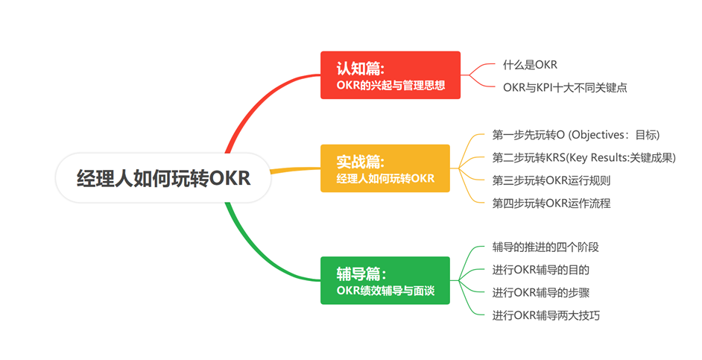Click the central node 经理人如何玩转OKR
pyautogui.click(x=163, y=178)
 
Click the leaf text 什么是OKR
pyautogui.click(x=530, y=65)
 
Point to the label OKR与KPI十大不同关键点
pyautogui.click(x=564, y=87)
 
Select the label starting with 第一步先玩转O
pyautogui.click(x=576, y=135)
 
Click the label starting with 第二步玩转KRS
pyautogui.click(x=584, y=157)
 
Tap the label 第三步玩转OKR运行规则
pyautogui.click(x=551, y=180)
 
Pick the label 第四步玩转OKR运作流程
pyautogui.click(x=551, y=202)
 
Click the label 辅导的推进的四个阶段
pyautogui.click(x=546, y=247)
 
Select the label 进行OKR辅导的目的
pyautogui.click(x=541, y=270)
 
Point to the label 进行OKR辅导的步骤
pyautogui.click(x=541, y=292)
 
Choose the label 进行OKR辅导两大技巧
pyautogui.click(x=546, y=315)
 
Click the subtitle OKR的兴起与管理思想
pyautogui.click(x=390, y=85)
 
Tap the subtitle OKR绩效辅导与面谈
pyautogui.click(x=385, y=290)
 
